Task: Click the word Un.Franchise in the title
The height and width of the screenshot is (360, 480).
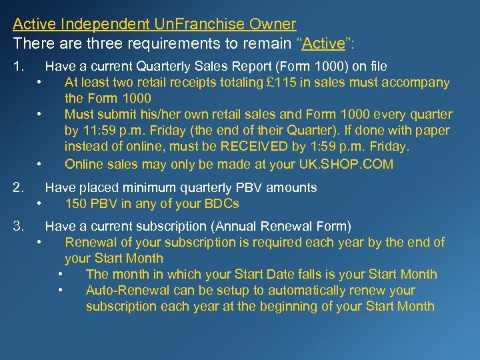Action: (209, 25)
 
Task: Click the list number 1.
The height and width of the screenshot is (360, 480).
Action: (19, 67)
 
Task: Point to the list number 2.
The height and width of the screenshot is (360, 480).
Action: (19, 188)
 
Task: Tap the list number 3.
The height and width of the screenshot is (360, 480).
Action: (19, 226)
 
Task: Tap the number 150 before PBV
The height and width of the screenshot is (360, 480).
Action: (77, 204)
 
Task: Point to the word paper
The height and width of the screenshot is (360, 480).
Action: (432, 131)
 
